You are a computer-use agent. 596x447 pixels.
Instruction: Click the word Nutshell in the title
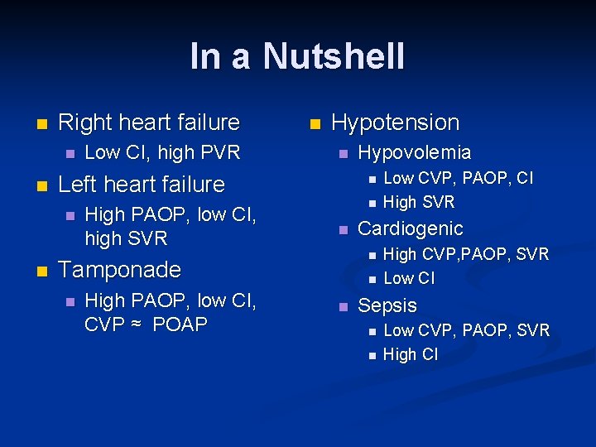334,56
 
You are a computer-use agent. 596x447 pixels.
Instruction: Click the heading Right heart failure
149,123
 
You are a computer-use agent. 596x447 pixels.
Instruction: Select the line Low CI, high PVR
162,152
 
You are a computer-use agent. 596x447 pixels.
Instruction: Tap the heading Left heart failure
142,184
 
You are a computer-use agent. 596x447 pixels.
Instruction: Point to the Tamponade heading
119,270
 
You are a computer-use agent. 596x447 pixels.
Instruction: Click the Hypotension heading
395,123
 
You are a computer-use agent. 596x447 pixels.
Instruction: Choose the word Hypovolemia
414,152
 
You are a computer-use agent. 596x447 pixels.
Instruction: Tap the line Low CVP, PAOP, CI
459,178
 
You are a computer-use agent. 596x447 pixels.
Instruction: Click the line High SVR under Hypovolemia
419,202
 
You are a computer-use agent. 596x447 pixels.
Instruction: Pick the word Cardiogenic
410,228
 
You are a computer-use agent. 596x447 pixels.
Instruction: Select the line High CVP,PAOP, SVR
466,254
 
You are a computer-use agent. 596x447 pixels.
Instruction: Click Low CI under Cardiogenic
409,278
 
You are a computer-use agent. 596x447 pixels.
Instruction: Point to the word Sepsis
387,305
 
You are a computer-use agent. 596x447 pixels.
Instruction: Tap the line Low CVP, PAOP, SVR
466,330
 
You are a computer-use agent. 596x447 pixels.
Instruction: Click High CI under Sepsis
411,355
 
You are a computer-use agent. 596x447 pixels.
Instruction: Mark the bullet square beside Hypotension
314,124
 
